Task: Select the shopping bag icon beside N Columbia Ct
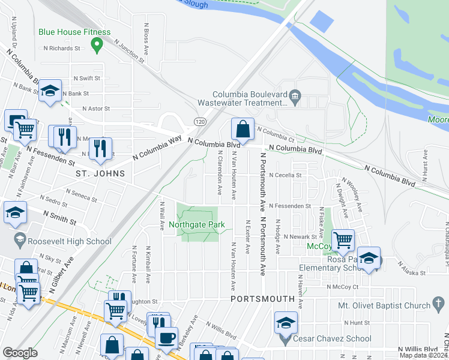tap(242, 128)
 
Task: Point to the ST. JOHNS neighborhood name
tap(100, 173)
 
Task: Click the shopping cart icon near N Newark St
tap(343, 240)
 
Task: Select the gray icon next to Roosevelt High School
tap(19, 241)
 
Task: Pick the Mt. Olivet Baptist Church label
tap(384, 305)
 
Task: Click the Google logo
tap(20, 352)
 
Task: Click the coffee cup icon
tap(166, 337)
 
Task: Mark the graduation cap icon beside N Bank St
tap(50, 91)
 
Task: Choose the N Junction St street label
tap(129, 52)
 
